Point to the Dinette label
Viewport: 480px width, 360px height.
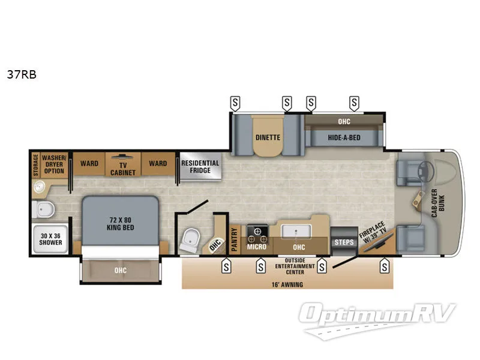pos(268,137)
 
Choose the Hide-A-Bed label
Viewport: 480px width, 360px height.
pos(344,137)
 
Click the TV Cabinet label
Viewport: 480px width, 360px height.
pos(123,168)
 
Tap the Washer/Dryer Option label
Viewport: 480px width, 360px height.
pos(54,163)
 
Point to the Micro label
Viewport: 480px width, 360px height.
pos(257,247)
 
